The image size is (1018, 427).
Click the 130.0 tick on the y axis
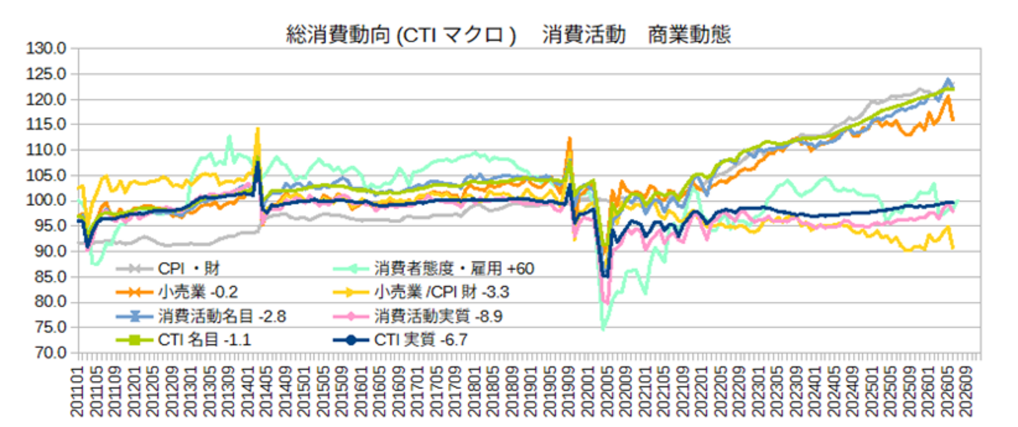(x=46, y=48)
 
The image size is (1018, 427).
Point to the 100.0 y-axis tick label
(x=46, y=200)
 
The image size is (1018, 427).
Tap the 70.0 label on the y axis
(x=50, y=352)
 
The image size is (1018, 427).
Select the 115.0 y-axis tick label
(x=46, y=124)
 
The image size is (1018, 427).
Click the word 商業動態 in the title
(x=689, y=35)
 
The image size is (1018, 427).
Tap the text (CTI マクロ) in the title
(x=457, y=35)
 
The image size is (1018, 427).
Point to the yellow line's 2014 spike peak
(x=258, y=129)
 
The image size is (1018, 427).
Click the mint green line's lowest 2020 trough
(x=604, y=329)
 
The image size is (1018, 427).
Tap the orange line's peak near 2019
(x=569, y=138)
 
